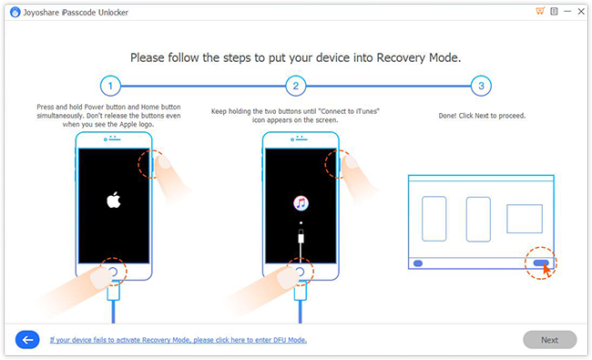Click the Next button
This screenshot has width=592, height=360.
point(549,340)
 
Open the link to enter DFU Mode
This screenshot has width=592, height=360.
point(178,340)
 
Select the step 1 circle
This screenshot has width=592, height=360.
point(110,87)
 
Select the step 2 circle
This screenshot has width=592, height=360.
point(294,87)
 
